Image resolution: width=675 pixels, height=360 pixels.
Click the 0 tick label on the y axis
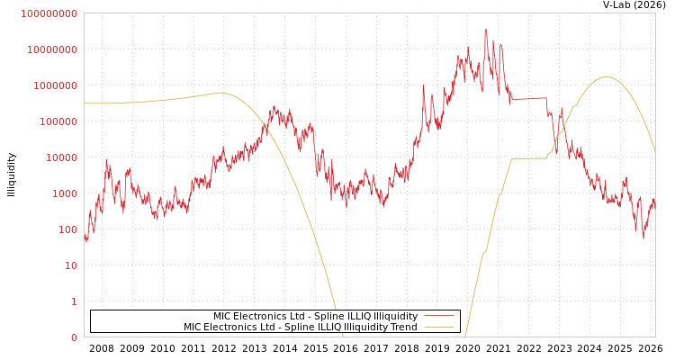tap(74, 337)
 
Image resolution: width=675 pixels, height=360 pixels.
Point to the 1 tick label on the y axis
tap(74, 301)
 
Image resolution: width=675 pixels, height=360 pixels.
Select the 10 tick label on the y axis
tap(71, 265)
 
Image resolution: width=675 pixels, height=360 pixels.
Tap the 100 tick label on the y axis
tap(68, 229)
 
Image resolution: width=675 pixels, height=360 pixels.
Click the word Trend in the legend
tap(403, 327)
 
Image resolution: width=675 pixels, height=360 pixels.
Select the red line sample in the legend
tap(439, 316)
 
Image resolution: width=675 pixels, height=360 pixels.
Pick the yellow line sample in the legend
tap(439, 327)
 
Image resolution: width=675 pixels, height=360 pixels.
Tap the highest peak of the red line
tap(486, 29)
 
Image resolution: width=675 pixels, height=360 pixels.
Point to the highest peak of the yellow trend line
tap(606, 76)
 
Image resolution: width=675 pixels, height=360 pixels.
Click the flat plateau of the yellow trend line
tap(529, 158)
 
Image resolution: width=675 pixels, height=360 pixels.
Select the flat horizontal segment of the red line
tap(528, 98)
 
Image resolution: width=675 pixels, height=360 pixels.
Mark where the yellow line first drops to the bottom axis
tap(342, 336)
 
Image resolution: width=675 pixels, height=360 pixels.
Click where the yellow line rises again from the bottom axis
tap(465, 335)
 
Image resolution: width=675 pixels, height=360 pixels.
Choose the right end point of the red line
tap(654, 205)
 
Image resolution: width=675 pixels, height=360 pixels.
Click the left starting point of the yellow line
tap(85, 103)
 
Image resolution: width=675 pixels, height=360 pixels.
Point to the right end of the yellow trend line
tap(654, 150)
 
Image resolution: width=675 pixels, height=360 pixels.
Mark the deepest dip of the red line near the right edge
tap(643, 238)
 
